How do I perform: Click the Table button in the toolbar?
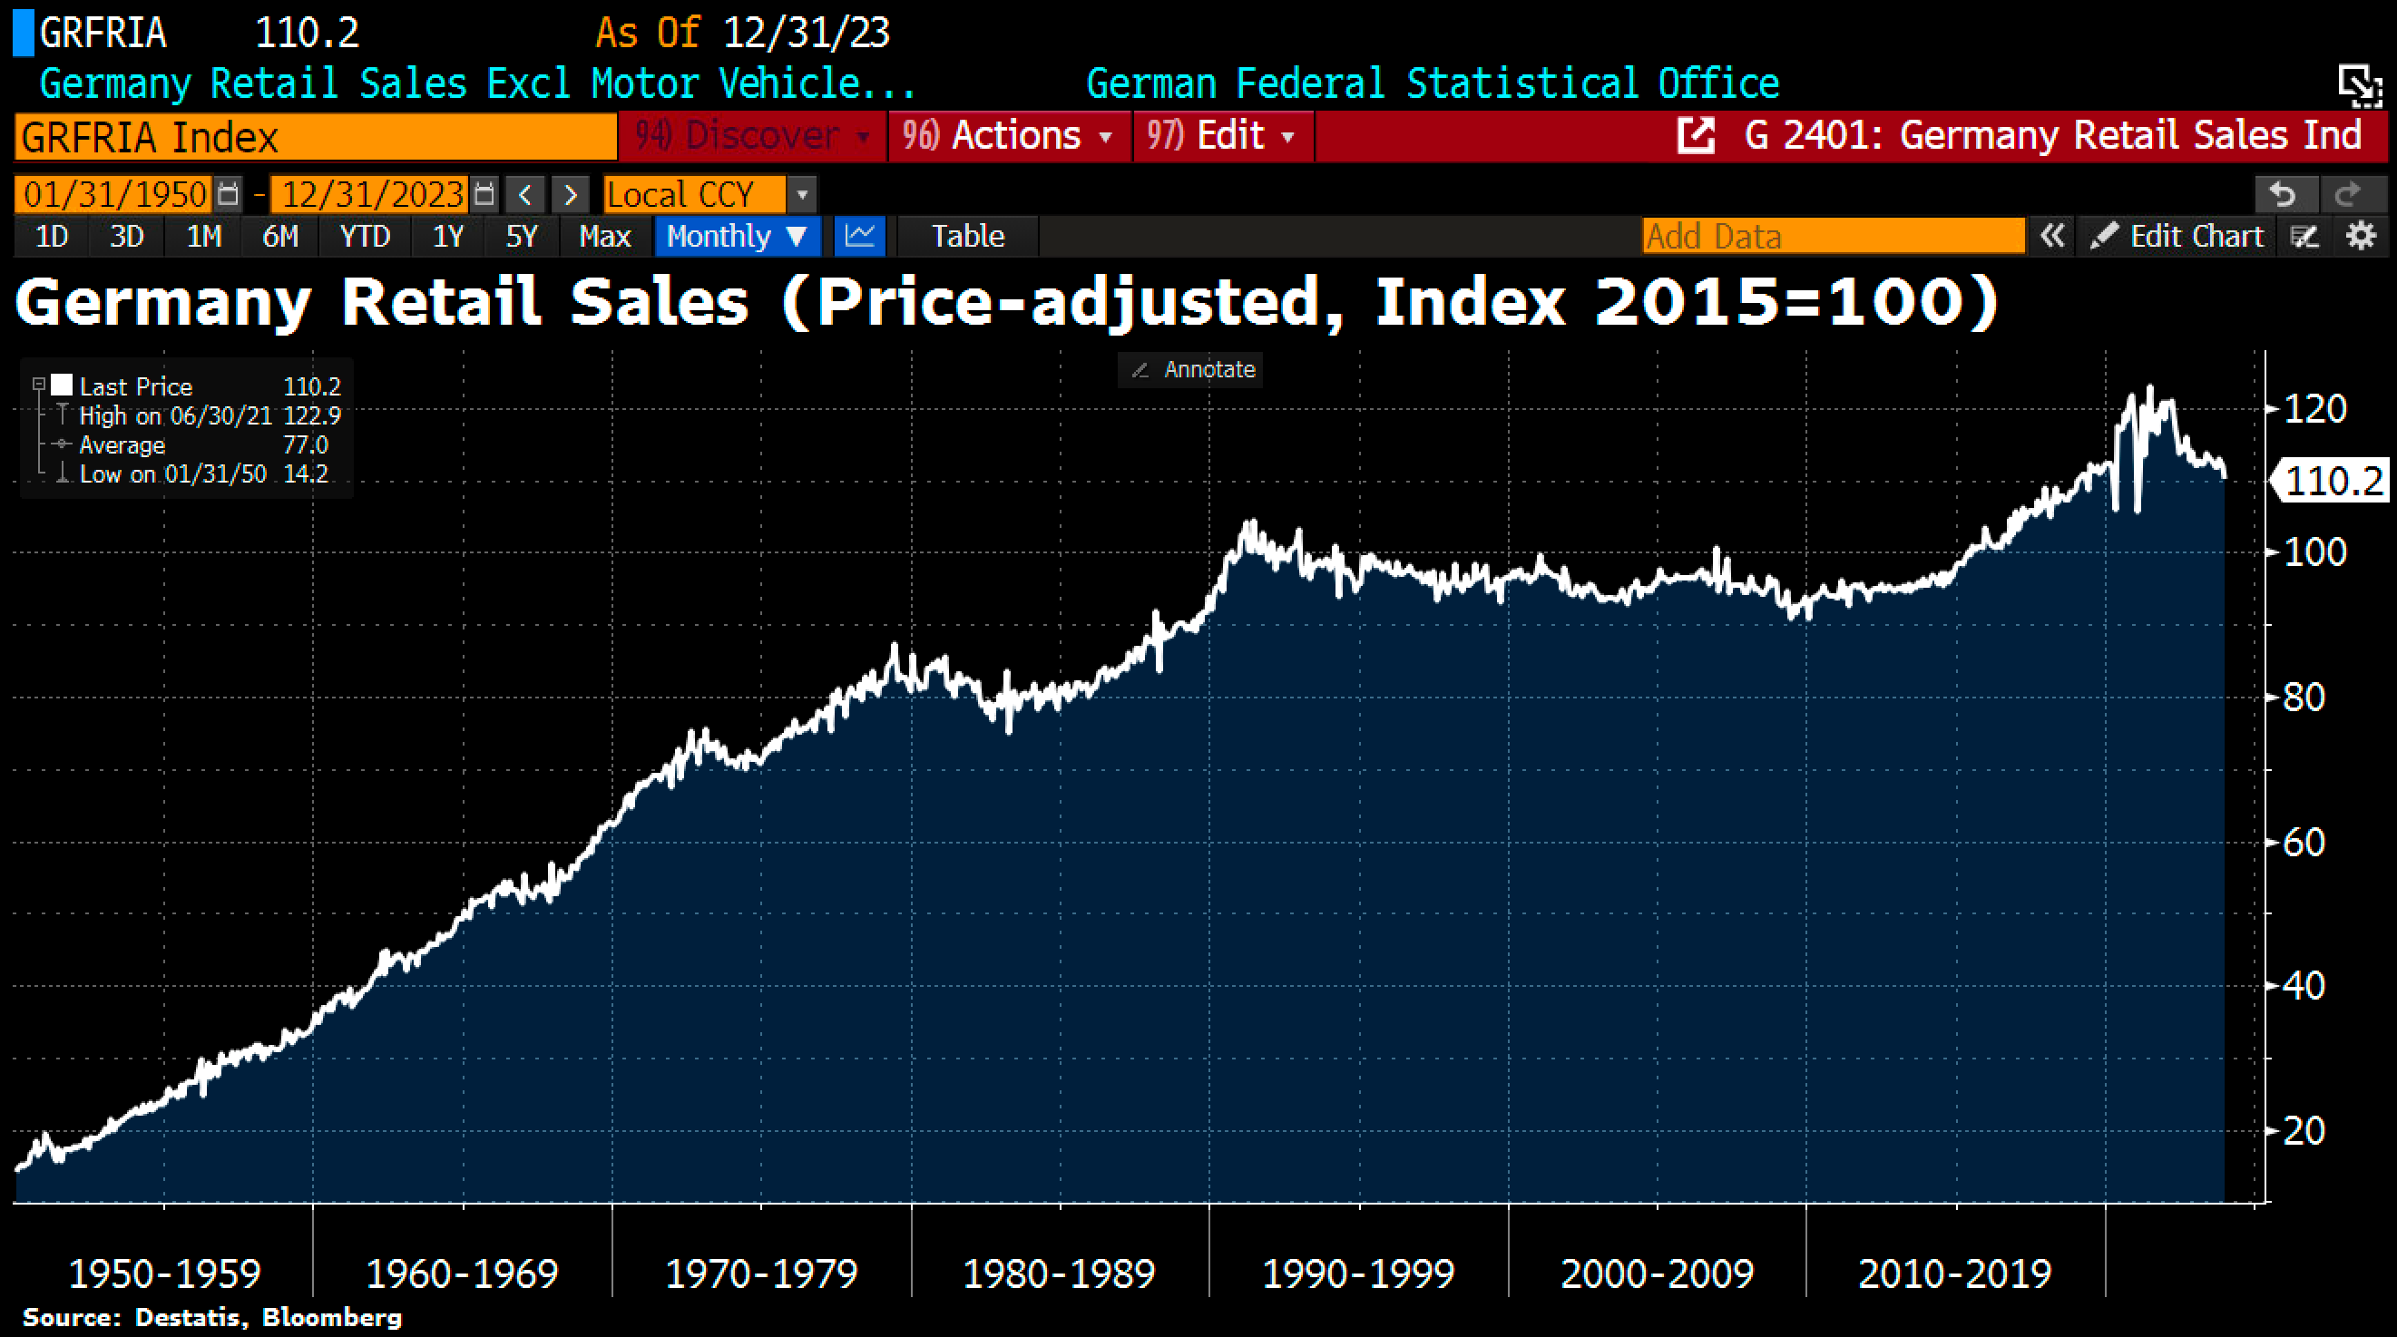pyautogui.click(x=968, y=237)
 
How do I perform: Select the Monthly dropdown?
pyautogui.click(x=736, y=237)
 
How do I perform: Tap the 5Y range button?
pyautogui.click(x=521, y=237)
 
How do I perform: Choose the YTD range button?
pyautogui.click(x=364, y=237)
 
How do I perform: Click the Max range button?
pyautogui.click(x=605, y=237)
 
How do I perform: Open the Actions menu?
pyautogui.click(x=1009, y=136)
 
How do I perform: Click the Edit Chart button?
pyautogui.click(x=2177, y=237)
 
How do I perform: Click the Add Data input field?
pyautogui.click(x=1832, y=237)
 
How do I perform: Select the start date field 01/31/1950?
pyautogui.click(x=114, y=194)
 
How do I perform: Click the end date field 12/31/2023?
pyautogui.click(x=372, y=194)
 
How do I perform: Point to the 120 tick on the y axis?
pyautogui.click(x=2314, y=409)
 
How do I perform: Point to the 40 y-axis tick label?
pyautogui.click(x=2303, y=986)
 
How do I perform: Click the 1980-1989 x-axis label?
pyautogui.click(x=1059, y=1273)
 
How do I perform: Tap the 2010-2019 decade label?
pyautogui.click(x=1954, y=1273)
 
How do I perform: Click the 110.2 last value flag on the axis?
pyautogui.click(x=2332, y=481)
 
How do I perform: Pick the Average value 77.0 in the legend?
pyautogui.click(x=305, y=444)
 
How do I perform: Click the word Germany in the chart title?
pyautogui.click(x=162, y=302)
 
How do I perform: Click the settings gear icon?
pyautogui.click(x=2362, y=237)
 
